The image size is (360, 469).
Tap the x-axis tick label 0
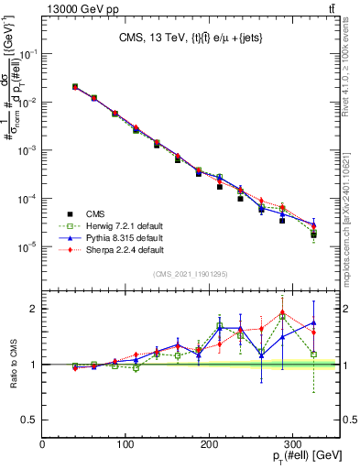click(43, 444)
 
